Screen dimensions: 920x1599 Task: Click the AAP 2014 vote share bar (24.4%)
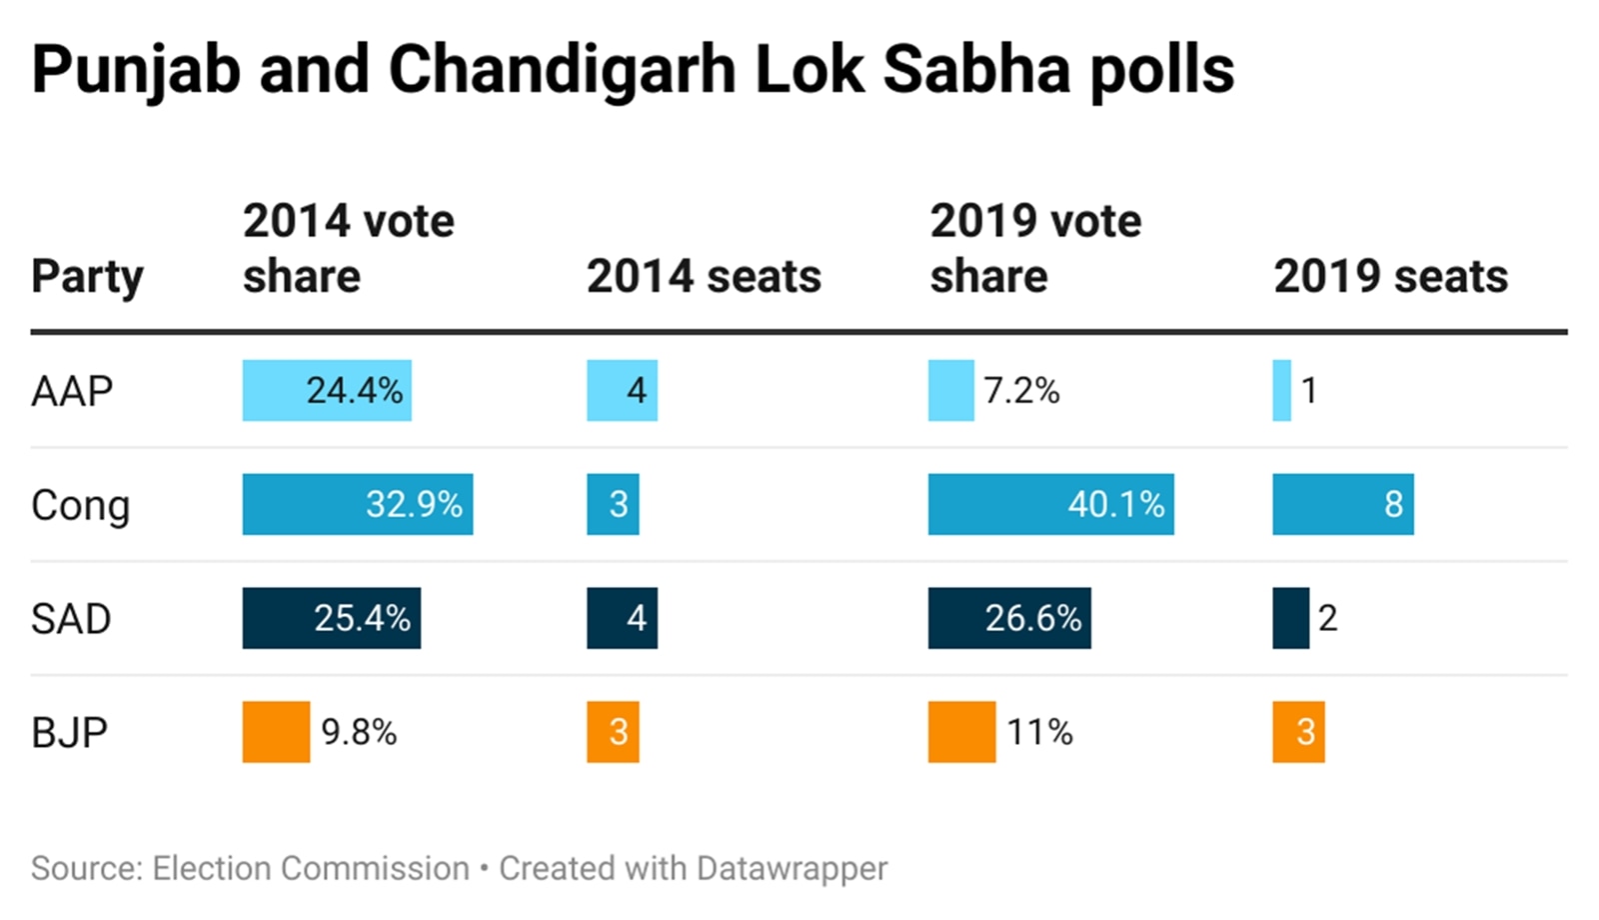click(x=327, y=390)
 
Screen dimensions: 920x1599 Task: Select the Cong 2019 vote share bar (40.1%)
click(x=1050, y=504)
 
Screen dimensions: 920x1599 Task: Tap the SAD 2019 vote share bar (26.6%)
click(x=1009, y=618)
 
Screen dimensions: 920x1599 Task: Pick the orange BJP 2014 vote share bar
click(x=276, y=732)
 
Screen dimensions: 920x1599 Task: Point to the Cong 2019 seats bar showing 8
click(x=1342, y=504)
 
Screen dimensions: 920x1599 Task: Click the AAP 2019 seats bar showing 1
click(x=1281, y=390)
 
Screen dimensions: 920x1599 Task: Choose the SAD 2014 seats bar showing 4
click(x=622, y=618)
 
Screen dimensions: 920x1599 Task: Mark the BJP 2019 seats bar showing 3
click(x=1298, y=732)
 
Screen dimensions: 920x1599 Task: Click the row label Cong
click(x=80, y=506)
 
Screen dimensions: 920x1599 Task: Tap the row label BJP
click(x=69, y=733)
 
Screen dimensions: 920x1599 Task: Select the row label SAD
click(x=71, y=619)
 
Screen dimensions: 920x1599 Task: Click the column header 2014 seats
click(x=704, y=276)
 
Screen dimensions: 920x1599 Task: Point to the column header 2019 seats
click(x=1390, y=276)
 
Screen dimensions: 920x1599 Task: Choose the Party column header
click(x=87, y=277)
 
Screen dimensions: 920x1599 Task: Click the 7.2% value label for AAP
click(x=1021, y=390)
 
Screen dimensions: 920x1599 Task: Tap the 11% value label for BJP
click(x=1039, y=732)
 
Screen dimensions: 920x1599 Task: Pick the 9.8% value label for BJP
click(x=359, y=732)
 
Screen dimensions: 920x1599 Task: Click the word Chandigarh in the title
click(x=561, y=70)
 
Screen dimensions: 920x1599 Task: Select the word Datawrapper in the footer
click(x=792, y=868)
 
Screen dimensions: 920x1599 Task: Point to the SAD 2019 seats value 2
click(x=1327, y=618)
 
